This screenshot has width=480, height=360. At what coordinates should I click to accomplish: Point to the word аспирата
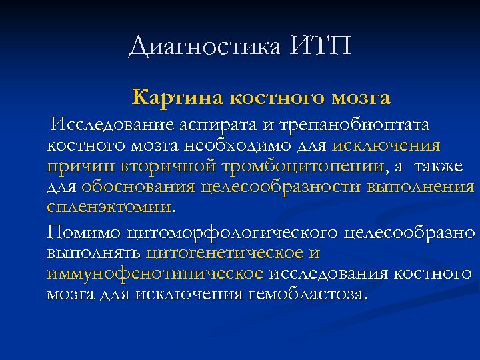click(206, 125)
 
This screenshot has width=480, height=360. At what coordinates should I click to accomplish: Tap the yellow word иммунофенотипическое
click(155, 274)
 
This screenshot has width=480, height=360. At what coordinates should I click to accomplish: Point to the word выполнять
click(93, 253)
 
